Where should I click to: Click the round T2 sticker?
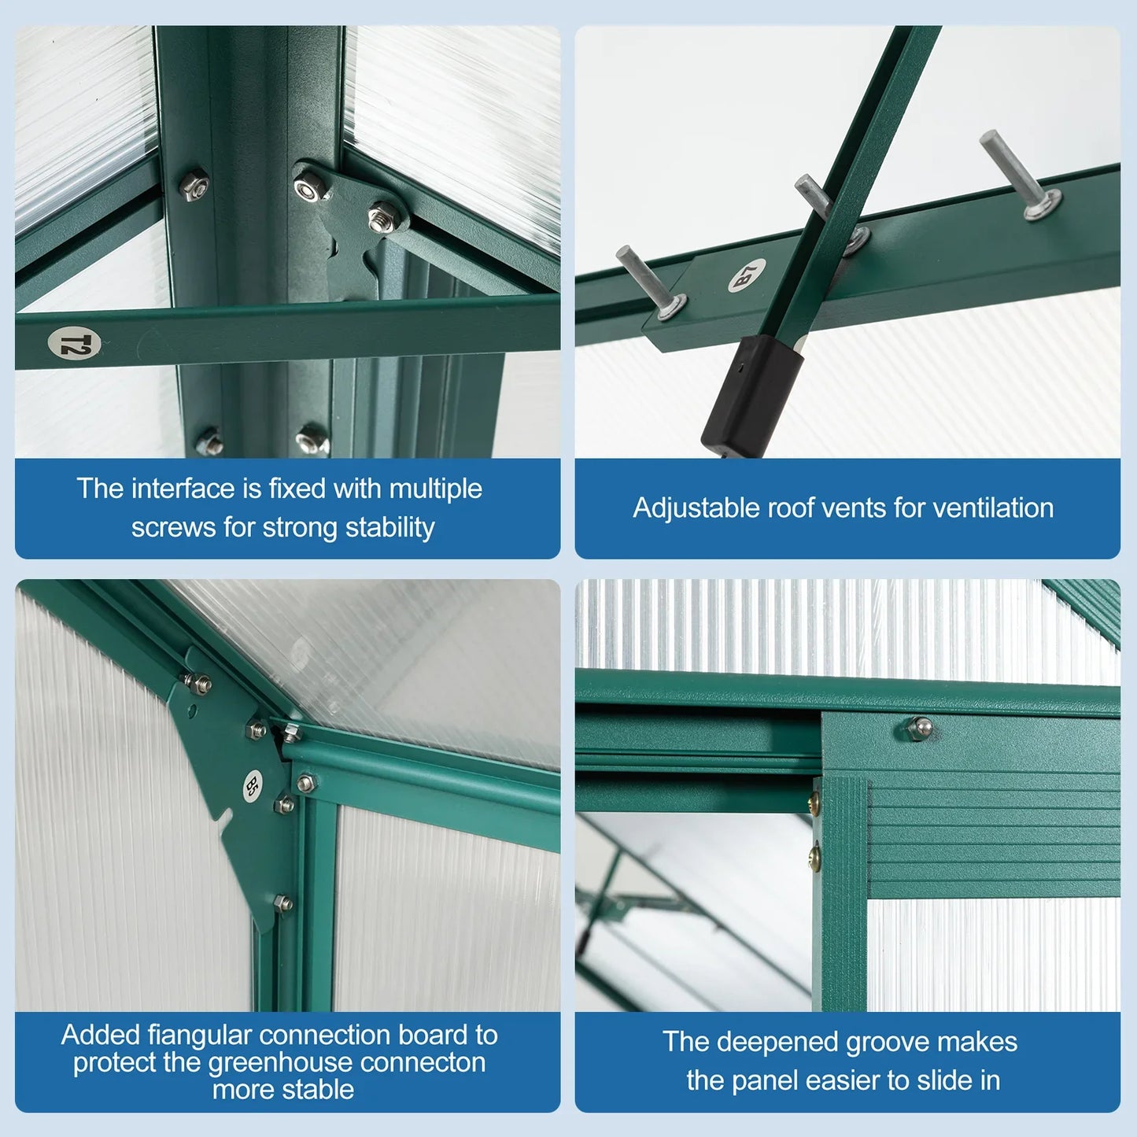pos(74,344)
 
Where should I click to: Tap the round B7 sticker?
pos(747,275)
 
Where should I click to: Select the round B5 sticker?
pos(251,784)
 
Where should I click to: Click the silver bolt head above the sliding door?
pos(918,727)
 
